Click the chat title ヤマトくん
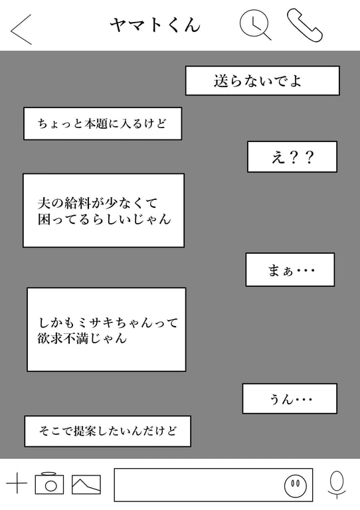(x=155, y=25)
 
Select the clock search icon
(x=255, y=25)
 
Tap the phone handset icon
(x=305, y=25)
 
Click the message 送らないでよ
(x=262, y=80)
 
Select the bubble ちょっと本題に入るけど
(x=102, y=124)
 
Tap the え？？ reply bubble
(x=292, y=157)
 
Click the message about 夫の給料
(x=104, y=211)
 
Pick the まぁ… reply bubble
(x=290, y=270)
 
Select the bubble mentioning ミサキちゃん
(x=106, y=329)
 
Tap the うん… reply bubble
(x=290, y=398)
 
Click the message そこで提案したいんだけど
(x=108, y=431)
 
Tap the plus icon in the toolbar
(x=17, y=483)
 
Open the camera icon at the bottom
(x=49, y=483)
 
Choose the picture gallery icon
(x=86, y=484)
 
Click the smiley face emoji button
(x=296, y=485)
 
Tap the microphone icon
(x=337, y=485)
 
